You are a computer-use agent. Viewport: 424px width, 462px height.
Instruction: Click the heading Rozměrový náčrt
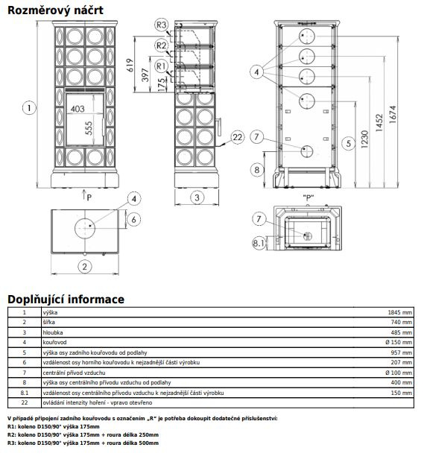tap(55, 10)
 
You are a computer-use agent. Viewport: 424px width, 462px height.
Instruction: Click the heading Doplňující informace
tap(66, 300)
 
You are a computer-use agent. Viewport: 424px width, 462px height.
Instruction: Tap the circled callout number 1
tap(29, 108)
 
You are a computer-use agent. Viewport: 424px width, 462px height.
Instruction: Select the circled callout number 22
tap(238, 137)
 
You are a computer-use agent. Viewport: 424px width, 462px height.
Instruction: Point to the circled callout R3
tap(161, 25)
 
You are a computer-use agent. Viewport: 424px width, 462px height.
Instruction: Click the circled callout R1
tap(161, 66)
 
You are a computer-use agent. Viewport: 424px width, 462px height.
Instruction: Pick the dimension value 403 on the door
tap(77, 109)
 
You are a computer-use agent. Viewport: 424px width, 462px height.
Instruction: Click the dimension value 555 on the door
tap(89, 128)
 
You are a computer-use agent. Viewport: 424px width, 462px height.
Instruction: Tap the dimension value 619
tap(130, 65)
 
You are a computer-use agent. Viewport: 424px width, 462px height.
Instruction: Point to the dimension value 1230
tap(364, 139)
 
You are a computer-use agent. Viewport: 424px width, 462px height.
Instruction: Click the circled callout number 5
tap(349, 144)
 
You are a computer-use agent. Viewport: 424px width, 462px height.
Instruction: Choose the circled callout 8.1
tap(259, 243)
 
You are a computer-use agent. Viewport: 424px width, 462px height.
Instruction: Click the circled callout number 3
tap(197, 197)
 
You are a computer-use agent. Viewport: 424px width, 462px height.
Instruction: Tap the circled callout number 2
tap(84, 267)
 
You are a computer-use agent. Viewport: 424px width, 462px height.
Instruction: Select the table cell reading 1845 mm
tap(400, 313)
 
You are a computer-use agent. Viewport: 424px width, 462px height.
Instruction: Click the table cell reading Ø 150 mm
tap(399, 342)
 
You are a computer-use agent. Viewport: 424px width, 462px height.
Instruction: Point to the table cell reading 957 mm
tap(402, 352)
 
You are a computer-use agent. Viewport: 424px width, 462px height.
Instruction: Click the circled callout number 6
tap(134, 219)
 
